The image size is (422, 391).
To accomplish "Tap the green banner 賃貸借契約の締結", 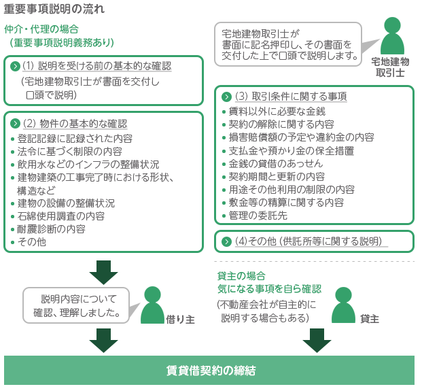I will tap(211, 371).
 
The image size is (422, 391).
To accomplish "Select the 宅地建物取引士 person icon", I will tap(392, 37).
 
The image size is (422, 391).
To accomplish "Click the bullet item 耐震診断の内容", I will tap(51, 228).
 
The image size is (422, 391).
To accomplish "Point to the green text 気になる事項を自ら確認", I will tap(269, 288).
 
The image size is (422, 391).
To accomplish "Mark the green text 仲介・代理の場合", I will tap(41, 29).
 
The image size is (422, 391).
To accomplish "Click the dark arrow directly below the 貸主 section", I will tap(317, 340).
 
